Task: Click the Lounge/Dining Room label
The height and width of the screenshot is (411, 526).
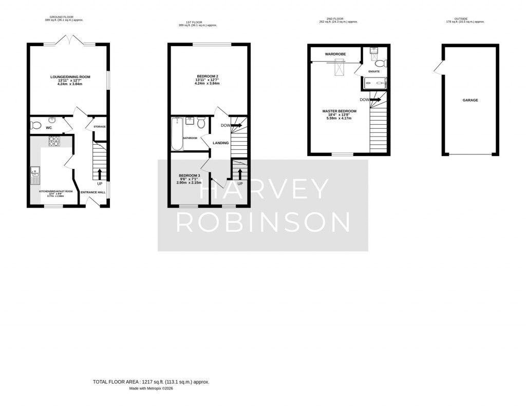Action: click(x=70, y=77)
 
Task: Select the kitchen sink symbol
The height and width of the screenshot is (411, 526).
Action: click(x=34, y=175)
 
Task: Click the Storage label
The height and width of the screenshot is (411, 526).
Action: click(x=100, y=126)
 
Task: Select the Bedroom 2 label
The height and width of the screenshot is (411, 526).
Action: click(x=207, y=77)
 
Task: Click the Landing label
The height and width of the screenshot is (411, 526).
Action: click(x=221, y=143)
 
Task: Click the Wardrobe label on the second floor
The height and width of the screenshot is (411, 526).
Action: click(x=334, y=53)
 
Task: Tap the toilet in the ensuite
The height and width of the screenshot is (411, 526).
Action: click(x=380, y=63)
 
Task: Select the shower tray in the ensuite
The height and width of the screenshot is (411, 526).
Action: click(x=374, y=83)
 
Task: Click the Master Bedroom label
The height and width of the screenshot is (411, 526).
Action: click(x=340, y=111)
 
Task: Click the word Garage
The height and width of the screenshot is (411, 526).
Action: click(x=469, y=100)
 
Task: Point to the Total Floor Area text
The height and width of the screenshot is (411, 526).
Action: click(x=151, y=382)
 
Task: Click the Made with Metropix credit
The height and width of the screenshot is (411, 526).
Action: click(x=151, y=389)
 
